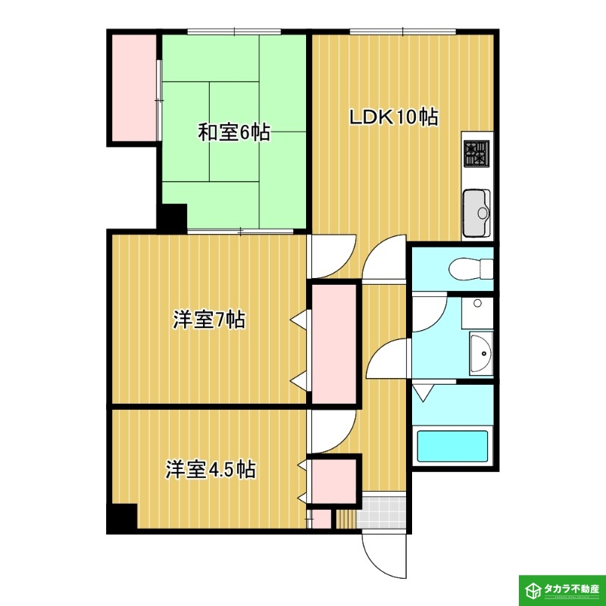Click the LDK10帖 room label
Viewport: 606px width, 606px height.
[394, 117]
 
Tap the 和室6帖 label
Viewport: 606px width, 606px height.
[234, 133]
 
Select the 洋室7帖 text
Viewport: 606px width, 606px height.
[209, 320]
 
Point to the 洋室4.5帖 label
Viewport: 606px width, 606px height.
[211, 469]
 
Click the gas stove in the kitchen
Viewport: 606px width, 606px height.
[476, 154]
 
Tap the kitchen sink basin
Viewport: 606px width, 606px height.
[476, 213]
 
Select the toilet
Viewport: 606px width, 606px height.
[470, 269]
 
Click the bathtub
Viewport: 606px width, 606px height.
[452, 446]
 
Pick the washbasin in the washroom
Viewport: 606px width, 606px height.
[481, 353]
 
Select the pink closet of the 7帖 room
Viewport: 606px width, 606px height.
[334, 344]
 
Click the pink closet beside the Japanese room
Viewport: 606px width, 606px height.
[134, 88]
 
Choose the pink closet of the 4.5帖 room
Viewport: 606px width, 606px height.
[334, 481]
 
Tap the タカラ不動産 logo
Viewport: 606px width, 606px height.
[562, 591]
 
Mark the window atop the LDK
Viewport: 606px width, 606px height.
[403, 32]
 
